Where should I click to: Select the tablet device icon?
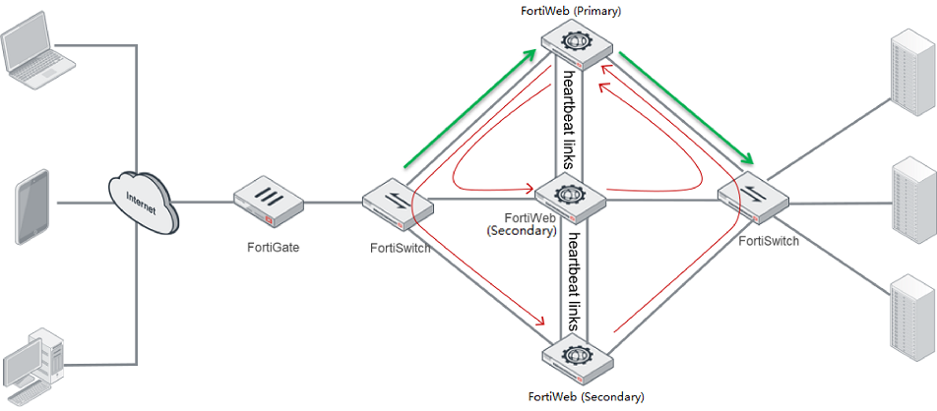pyautogui.click(x=32, y=206)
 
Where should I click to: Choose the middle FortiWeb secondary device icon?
pyautogui.click(x=570, y=196)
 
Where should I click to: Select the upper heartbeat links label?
pyautogui.click(x=570, y=119)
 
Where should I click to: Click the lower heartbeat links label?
pyautogui.click(x=570, y=281)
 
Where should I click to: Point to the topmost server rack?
pyautogui.click(x=910, y=68)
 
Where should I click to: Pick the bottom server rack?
pyautogui.click(x=910, y=314)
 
